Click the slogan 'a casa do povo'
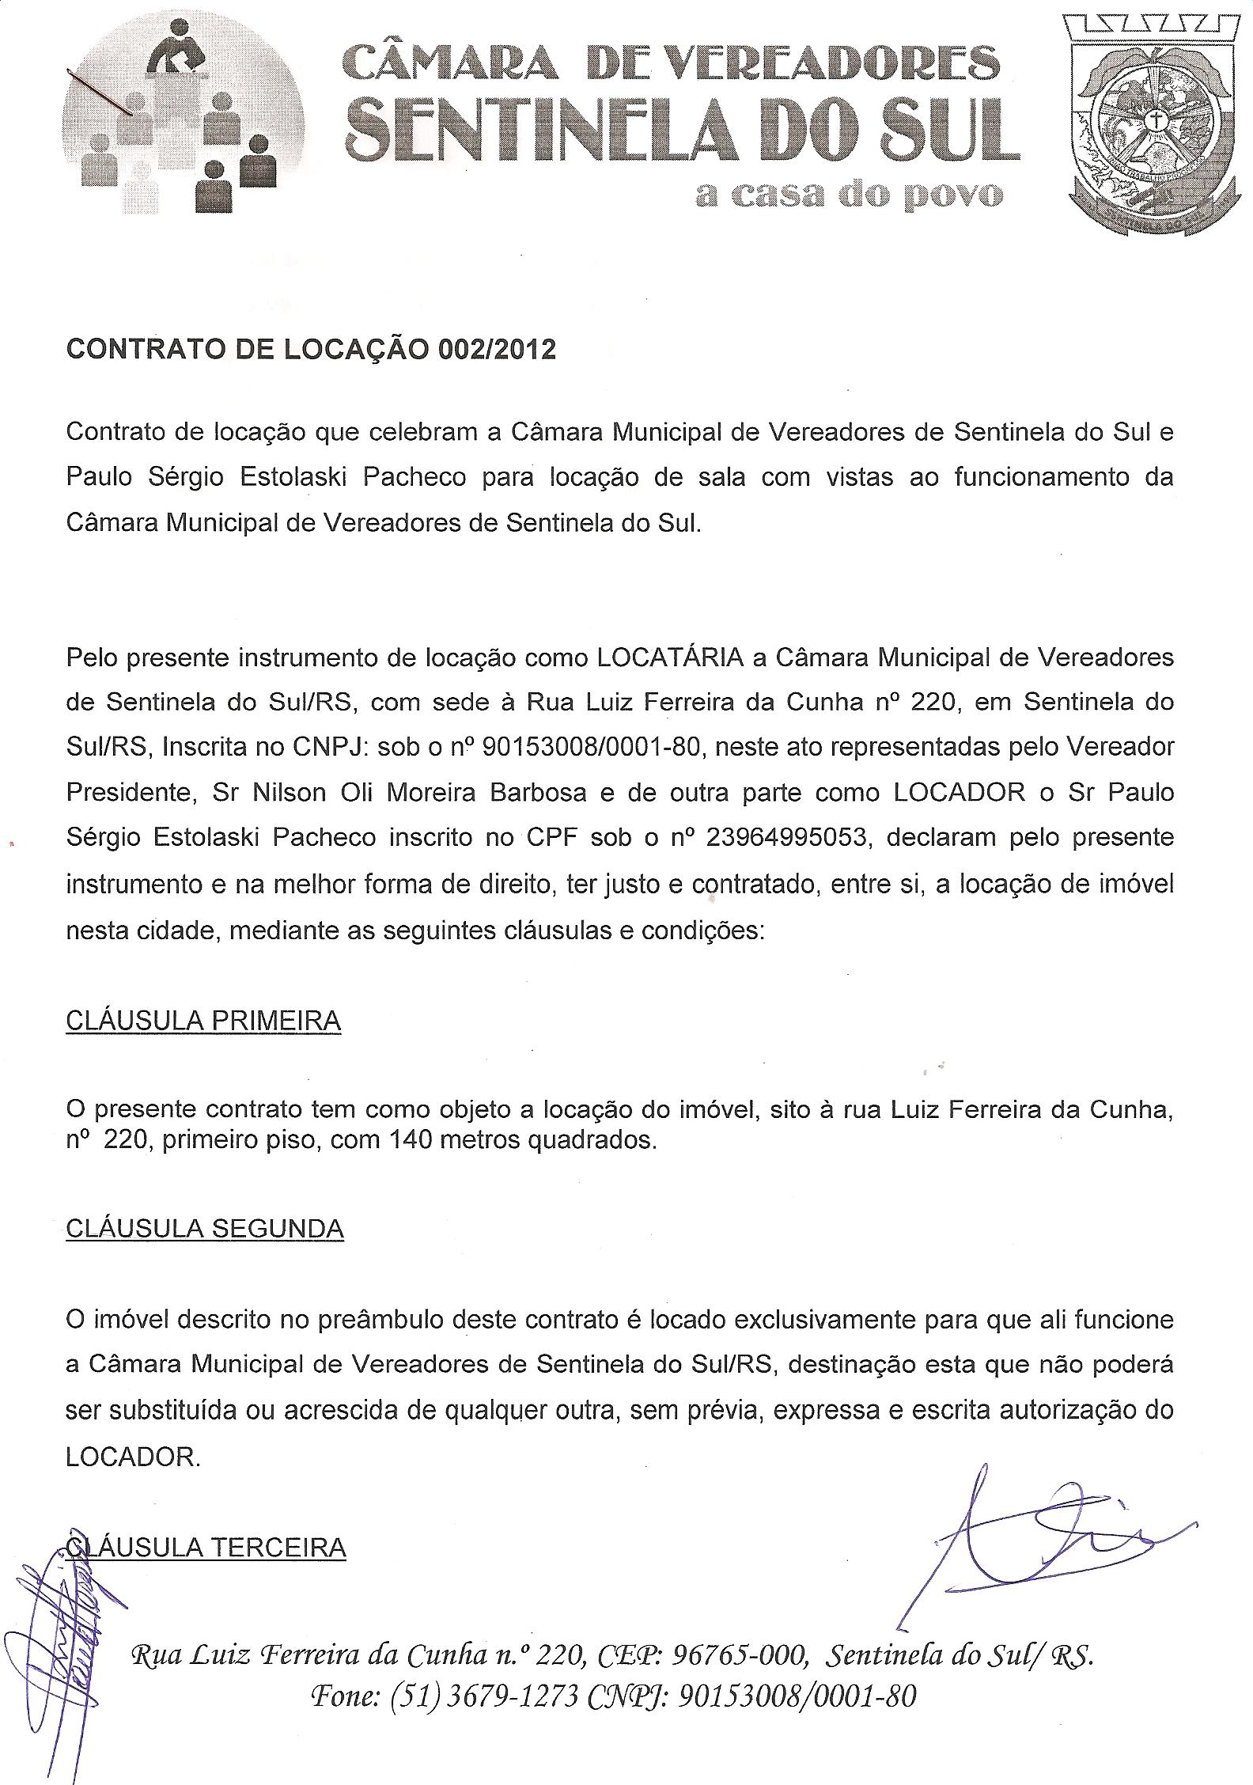tap(850, 195)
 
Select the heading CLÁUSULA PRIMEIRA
tap(203, 1021)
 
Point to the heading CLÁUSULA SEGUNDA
tap(205, 1229)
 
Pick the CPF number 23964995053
tap(785, 838)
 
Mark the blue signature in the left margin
tap(55, 1606)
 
